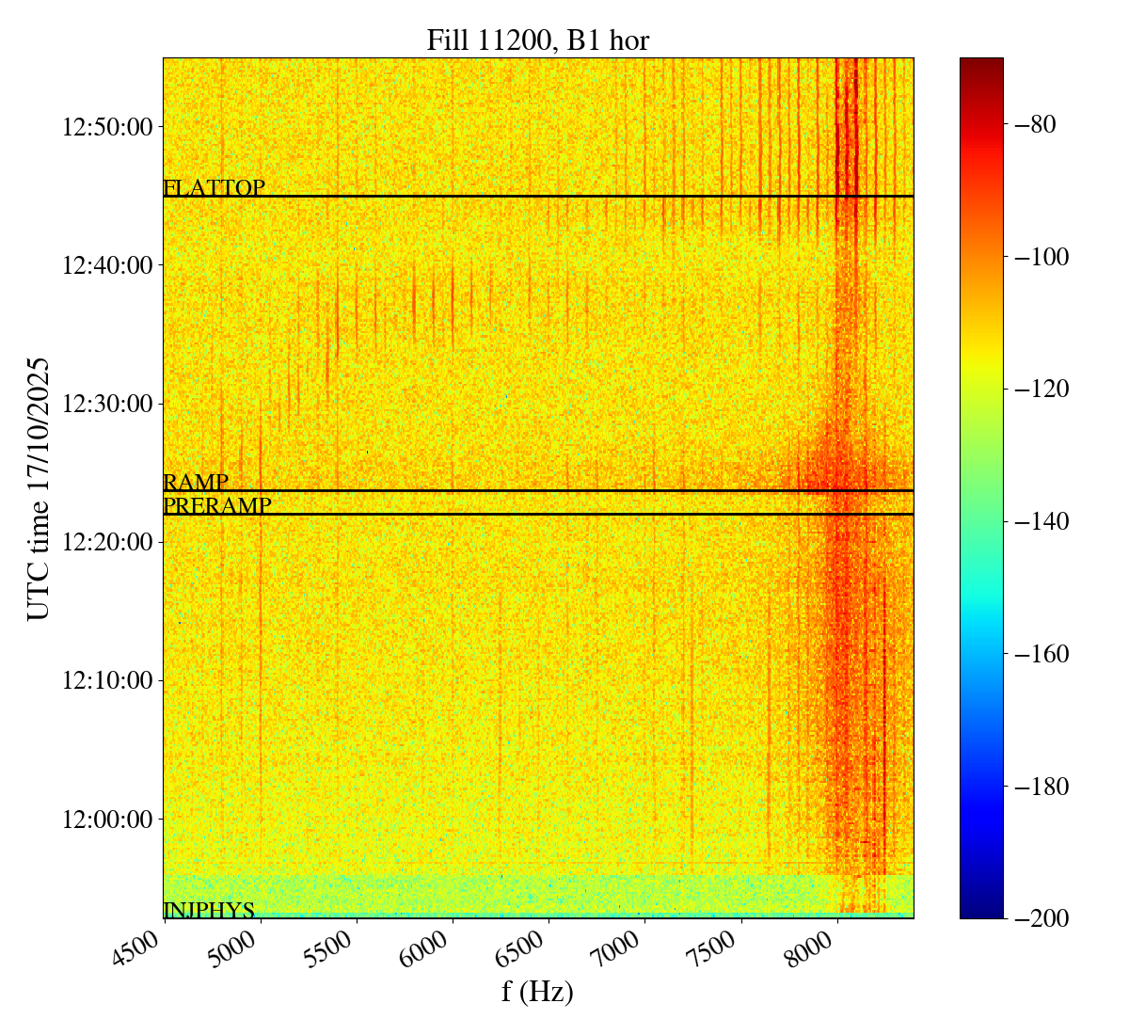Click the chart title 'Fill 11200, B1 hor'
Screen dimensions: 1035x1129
(x=537, y=40)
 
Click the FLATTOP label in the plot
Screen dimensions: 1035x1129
(x=214, y=188)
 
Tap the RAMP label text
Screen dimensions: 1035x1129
(x=196, y=483)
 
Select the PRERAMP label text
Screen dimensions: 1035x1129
(x=217, y=506)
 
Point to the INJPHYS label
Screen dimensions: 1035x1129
(x=209, y=910)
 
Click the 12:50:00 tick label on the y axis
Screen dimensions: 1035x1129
(x=106, y=126)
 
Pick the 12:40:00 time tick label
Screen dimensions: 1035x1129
(x=106, y=265)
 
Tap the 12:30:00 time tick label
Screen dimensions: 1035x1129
(x=106, y=404)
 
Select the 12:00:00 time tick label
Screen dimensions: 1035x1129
(x=106, y=819)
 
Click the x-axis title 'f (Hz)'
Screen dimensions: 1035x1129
(x=537, y=992)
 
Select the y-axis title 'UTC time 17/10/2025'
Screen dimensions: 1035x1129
(x=39, y=487)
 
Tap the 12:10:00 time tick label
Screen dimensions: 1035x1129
(x=106, y=680)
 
